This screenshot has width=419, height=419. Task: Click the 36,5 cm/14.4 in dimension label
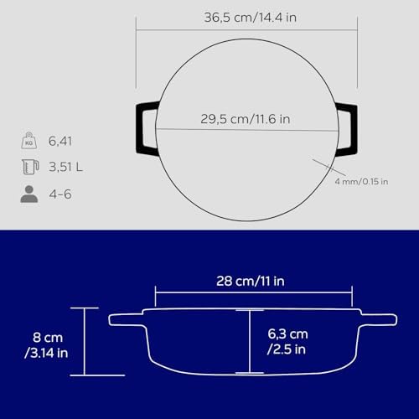pos(251,18)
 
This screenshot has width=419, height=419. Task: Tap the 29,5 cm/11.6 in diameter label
pos(246,119)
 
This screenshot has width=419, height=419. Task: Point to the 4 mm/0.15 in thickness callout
pos(361,182)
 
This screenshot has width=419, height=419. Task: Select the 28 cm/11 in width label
pos(251,281)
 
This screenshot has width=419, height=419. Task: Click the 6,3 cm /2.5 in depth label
pos(287,342)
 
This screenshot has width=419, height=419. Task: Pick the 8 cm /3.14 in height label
pos(47,345)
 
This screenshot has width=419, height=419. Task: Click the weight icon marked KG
pos(29,141)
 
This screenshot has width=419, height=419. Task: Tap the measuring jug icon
pos(30,167)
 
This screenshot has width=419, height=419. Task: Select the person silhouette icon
pos(29,194)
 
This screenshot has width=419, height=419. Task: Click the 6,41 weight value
pos(60,141)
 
